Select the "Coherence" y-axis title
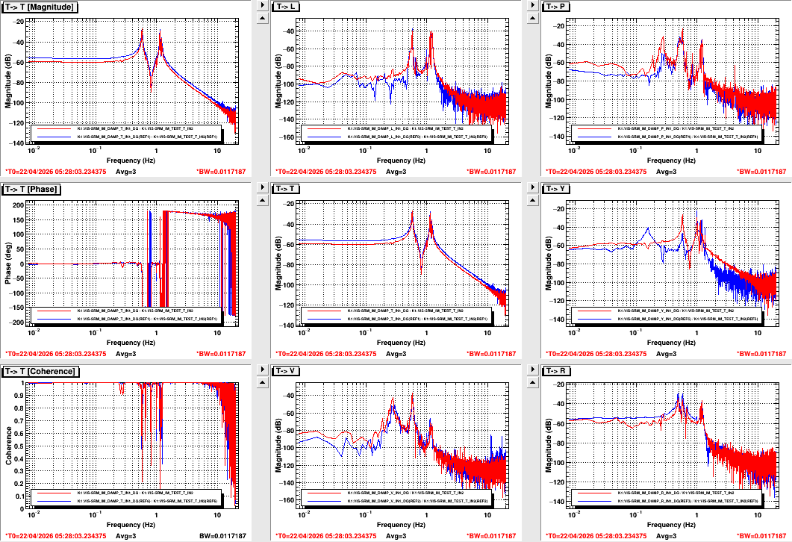coord(8,443)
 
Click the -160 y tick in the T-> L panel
coord(287,137)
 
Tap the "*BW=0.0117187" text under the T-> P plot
coord(761,172)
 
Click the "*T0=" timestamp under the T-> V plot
coord(324,536)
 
